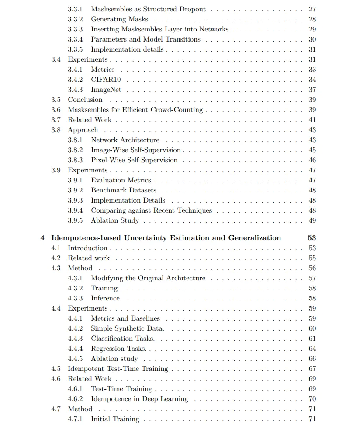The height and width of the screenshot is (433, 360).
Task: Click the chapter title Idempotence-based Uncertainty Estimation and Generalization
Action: tap(166, 238)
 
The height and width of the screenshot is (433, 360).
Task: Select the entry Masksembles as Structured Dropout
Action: tap(148, 9)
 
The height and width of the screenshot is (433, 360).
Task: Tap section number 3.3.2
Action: tap(75, 19)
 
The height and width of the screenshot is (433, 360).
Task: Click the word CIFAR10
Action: tap(106, 80)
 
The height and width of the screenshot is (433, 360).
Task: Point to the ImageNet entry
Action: tap(106, 90)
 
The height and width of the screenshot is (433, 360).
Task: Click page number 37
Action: tap(312, 90)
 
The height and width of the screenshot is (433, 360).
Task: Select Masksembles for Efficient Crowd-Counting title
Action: tap(135, 110)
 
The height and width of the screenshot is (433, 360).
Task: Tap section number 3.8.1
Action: tap(75, 140)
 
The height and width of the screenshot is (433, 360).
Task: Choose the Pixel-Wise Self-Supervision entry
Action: tap(134, 160)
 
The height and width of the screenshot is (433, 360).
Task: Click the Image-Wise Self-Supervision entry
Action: tap(135, 150)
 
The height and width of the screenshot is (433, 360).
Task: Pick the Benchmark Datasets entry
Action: tap(123, 190)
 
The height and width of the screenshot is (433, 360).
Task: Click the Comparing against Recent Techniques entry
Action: tap(151, 210)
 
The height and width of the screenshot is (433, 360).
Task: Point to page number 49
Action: tap(312, 220)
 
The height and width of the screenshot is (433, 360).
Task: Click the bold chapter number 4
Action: tap(42, 238)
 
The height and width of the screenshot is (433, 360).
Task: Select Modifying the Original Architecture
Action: tap(148, 278)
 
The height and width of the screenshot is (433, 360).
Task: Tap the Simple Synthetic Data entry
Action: tap(127, 328)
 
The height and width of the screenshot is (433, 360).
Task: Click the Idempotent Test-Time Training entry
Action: tap(118, 369)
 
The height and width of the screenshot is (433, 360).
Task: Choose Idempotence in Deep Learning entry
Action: tap(139, 399)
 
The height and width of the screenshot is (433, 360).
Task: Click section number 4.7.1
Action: tap(75, 419)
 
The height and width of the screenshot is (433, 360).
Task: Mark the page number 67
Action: tap(312, 369)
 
